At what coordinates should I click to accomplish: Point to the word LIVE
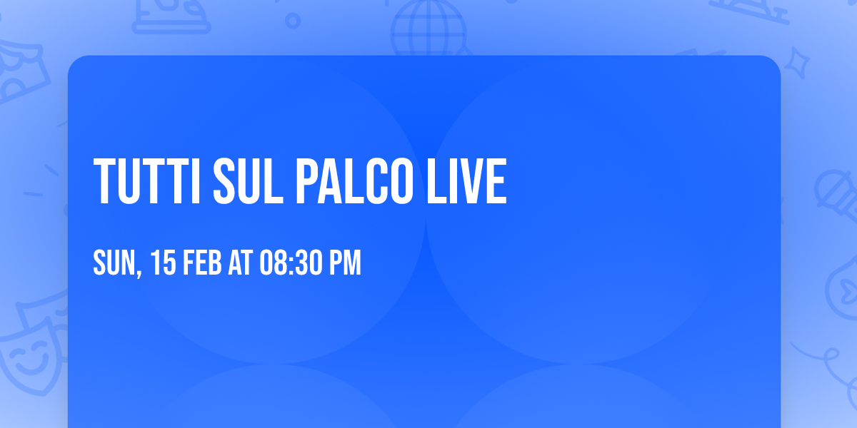(468, 182)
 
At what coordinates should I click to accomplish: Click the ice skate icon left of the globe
(171, 16)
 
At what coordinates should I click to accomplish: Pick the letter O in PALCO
(401, 182)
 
